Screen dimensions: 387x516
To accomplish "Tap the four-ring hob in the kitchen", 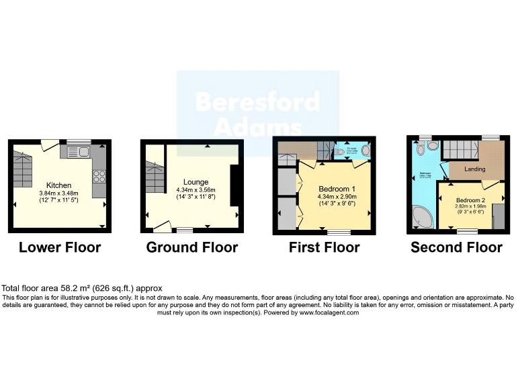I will coord(99,176).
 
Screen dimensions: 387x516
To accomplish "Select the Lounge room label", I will coord(196,181).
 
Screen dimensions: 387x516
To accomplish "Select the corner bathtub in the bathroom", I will coord(423,217).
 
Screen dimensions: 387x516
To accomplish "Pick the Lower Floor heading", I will coord(60,247).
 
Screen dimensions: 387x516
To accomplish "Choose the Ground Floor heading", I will coord(192,247).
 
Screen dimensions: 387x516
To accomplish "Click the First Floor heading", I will coord(324,247).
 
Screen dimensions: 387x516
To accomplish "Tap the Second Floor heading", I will coord(456,247).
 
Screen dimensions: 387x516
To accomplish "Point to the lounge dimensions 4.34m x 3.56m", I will coord(196,189).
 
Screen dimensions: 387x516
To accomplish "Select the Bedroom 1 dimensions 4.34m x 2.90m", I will coord(334,196).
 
